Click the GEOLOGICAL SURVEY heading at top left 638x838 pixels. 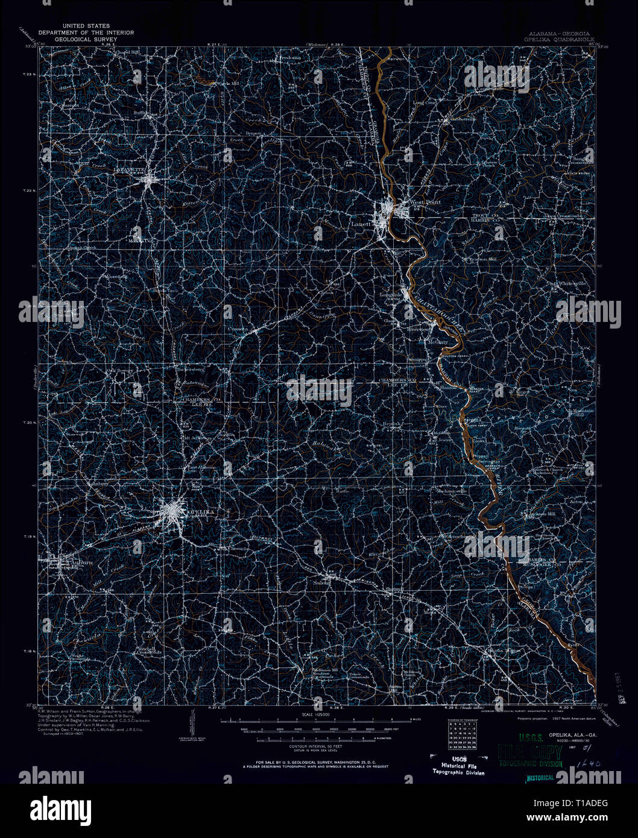tap(86, 39)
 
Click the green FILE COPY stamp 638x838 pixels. tap(531, 753)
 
